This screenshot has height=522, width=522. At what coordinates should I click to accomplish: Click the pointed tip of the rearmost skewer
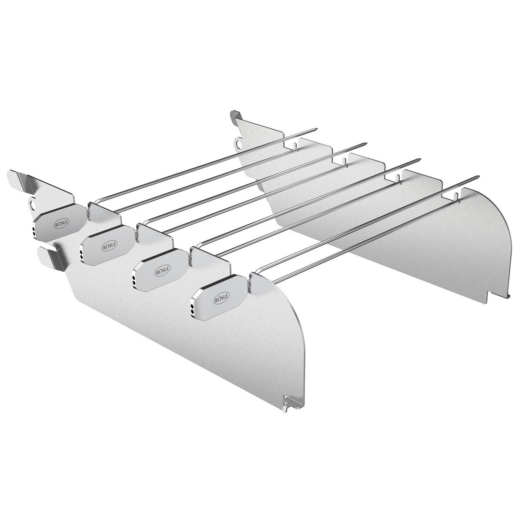pyautogui.click(x=315, y=129)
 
